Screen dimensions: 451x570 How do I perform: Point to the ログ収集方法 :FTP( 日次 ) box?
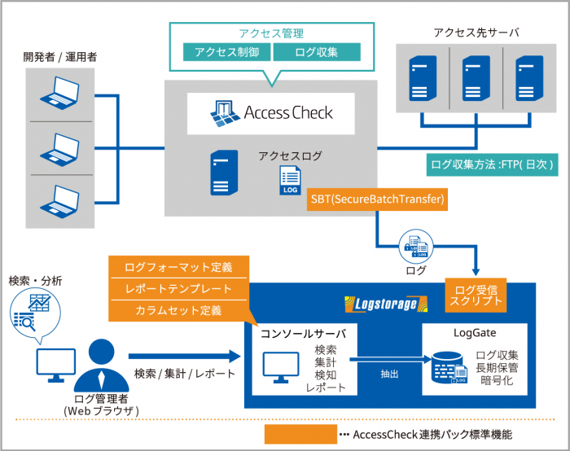click(x=493, y=164)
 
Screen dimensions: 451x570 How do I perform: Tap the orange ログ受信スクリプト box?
click(x=480, y=294)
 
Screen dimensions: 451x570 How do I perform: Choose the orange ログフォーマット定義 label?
click(x=178, y=267)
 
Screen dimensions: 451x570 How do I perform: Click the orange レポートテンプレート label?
click(x=178, y=289)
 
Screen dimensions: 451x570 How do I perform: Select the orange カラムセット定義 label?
click(x=178, y=310)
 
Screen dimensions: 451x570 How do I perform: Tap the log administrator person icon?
click(x=100, y=364)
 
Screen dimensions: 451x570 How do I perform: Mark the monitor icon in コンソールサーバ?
click(x=278, y=369)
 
